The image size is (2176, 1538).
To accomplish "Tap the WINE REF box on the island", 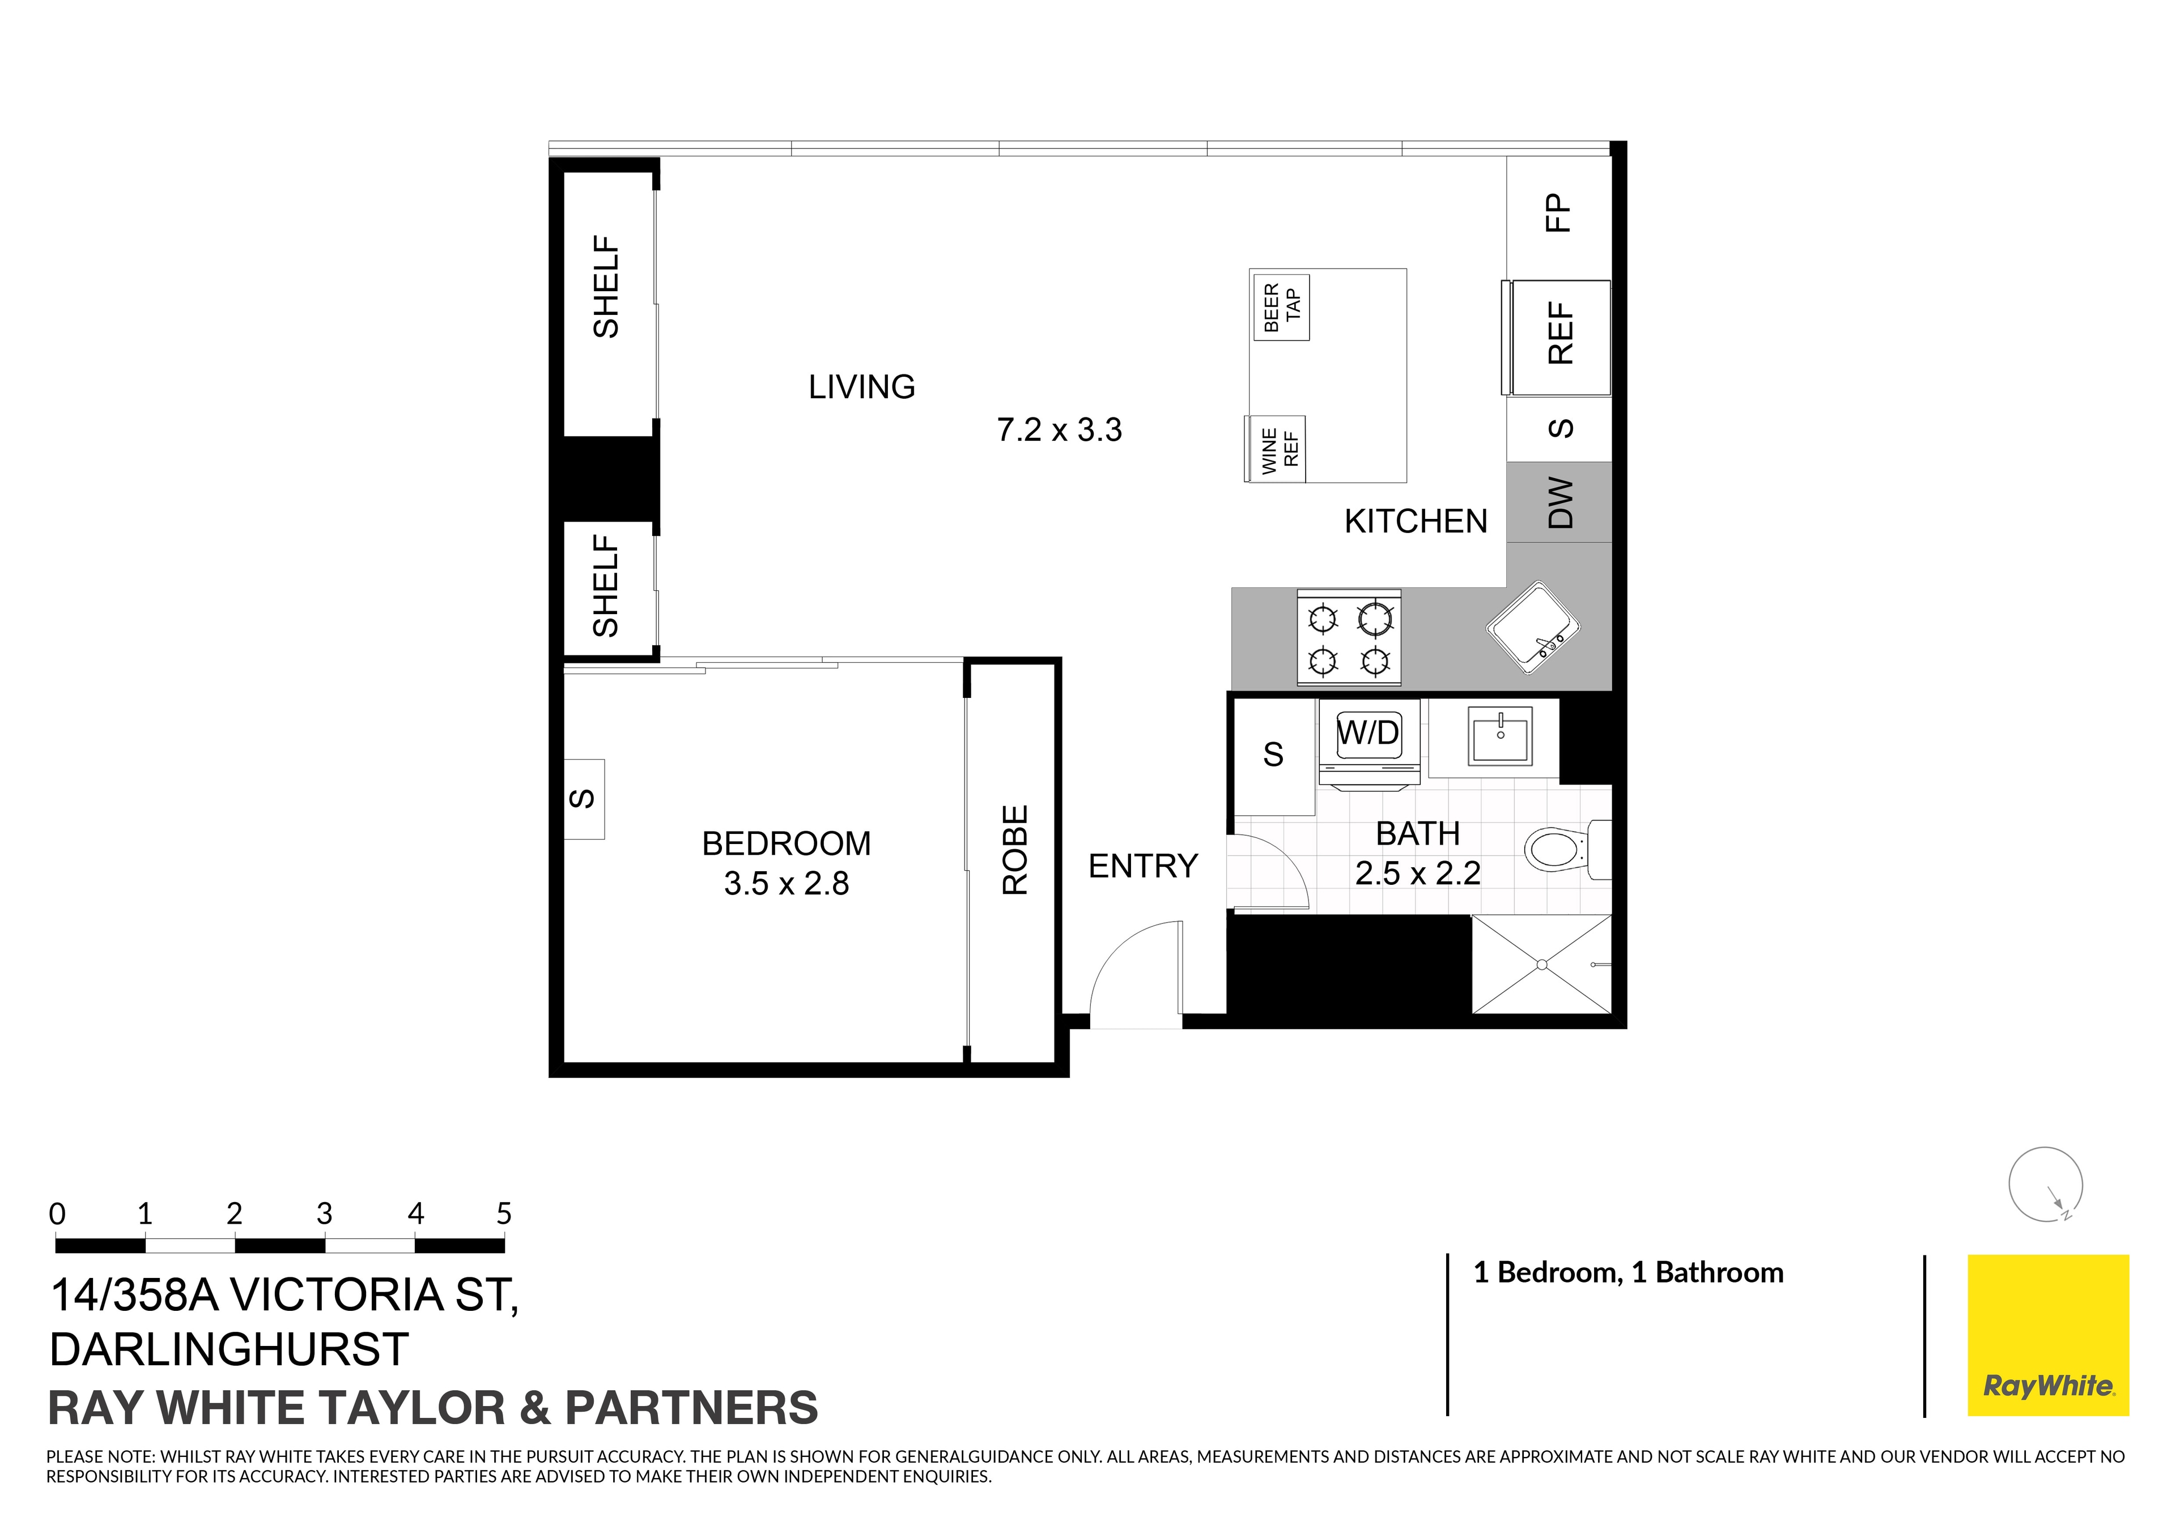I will click(x=1276, y=449).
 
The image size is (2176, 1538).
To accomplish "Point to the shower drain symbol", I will click(x=1542, y=965).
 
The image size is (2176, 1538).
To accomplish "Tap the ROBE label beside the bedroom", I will click(x=1015, y=850).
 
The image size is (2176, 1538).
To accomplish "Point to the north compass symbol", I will click(x=2045, y=1185).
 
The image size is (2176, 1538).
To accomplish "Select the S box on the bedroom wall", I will click(x=584, y=799).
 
